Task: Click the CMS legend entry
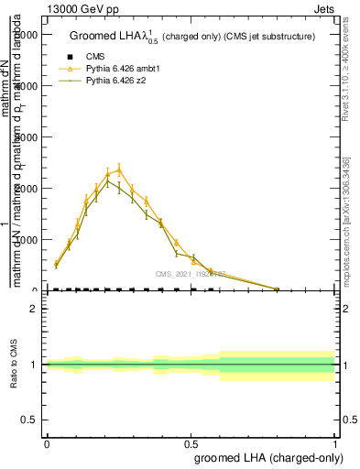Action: (x=92, y=57)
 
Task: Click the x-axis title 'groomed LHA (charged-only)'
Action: (x=266, y=455)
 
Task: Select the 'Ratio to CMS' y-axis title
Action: (x=14, y=364)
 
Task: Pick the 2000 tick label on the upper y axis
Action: (x=24, y=188)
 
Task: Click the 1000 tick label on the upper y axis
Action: (x=24, y=239)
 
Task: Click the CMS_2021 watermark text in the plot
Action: (x=191, y=273)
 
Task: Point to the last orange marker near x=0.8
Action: (x=277, y=289)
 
